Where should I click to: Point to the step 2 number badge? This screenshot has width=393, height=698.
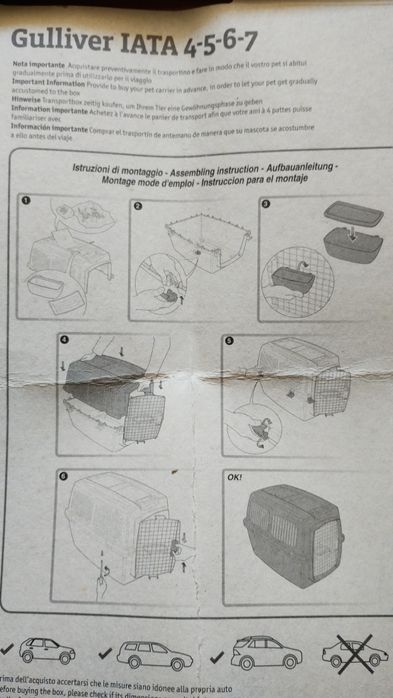pyautogui.click(x=139, y=205)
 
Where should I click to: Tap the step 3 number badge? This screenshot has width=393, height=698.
pyautogui.click(x=266, y=205)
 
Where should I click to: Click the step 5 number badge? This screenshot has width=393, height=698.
pyautogui.click(x=229, y=340)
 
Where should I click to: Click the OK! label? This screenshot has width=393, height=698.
pyautogui.click(x=234, y=477)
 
